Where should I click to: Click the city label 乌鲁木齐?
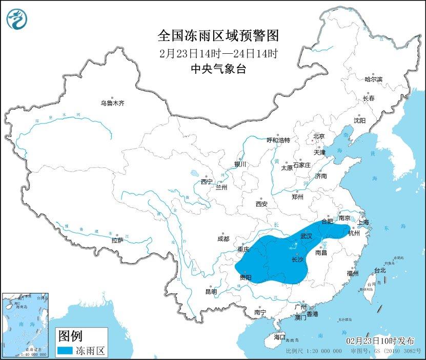(112, 103)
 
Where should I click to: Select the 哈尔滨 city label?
(373, 79)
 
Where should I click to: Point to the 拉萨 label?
(117, 240)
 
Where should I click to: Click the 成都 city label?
(223, 238)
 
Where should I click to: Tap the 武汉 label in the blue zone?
(306, 236)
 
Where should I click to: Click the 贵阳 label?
(246, 278)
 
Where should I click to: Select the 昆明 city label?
(211, 291)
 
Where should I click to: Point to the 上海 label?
(363, 222)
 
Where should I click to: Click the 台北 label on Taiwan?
(379, 270)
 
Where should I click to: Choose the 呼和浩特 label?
(278, 140)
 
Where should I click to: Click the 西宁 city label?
(207, 181)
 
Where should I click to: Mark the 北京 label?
(319, 136)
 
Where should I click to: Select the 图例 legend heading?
(70, 336)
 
